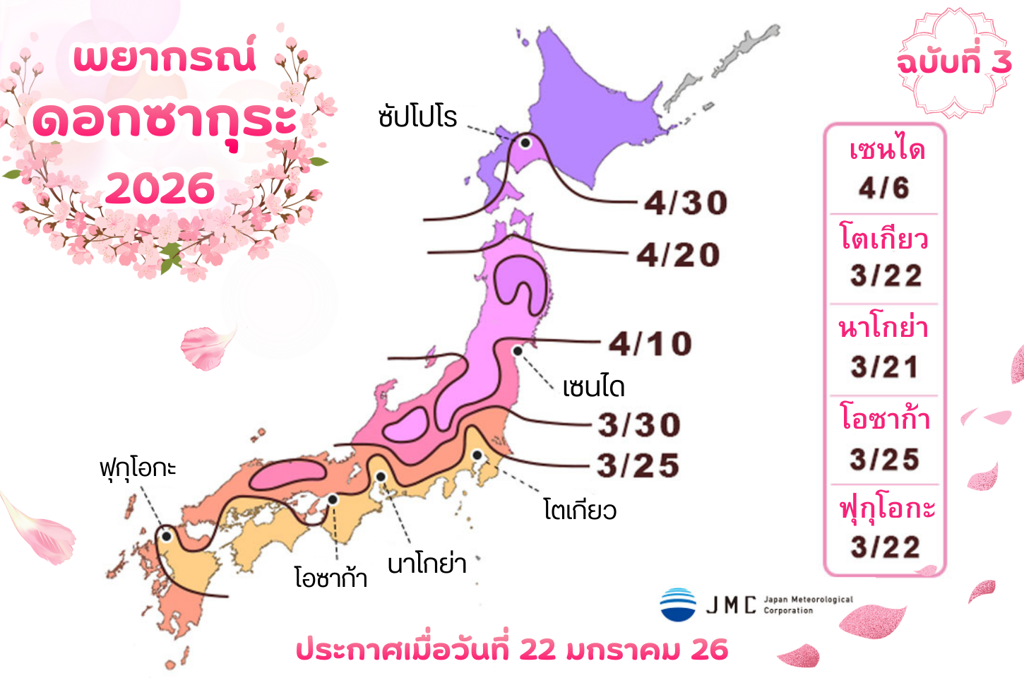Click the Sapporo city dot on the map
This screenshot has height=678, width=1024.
coord(525,143)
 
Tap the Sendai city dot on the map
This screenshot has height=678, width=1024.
coord(518,351)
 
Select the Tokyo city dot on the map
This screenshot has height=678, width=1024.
coord(477,455)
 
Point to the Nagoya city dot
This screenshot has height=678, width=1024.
coord(381,477)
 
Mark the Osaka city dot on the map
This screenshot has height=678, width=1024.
coord(333,499)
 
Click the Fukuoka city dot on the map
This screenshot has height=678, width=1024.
coord(166,536)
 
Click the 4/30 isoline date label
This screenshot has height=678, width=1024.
coord(685,203)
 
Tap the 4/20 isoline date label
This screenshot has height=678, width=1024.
coord(678,255)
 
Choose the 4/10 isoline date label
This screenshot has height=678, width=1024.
coord(650,344)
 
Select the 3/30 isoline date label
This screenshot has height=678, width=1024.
coord(639,425)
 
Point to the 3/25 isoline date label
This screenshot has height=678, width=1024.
coord(638,465)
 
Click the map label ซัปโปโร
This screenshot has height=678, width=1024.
coord(417,117)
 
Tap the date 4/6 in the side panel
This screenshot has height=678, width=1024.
coord(883,188)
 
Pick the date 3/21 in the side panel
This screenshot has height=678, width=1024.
coord(884,367)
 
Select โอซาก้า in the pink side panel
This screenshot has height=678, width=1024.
coord(884,418)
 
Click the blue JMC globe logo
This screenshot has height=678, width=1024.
coord(678,605)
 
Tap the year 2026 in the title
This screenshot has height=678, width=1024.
coord(160,189)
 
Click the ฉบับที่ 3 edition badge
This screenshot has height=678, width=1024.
coord(953,63)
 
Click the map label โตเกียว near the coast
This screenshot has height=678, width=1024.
coord(580,510)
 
